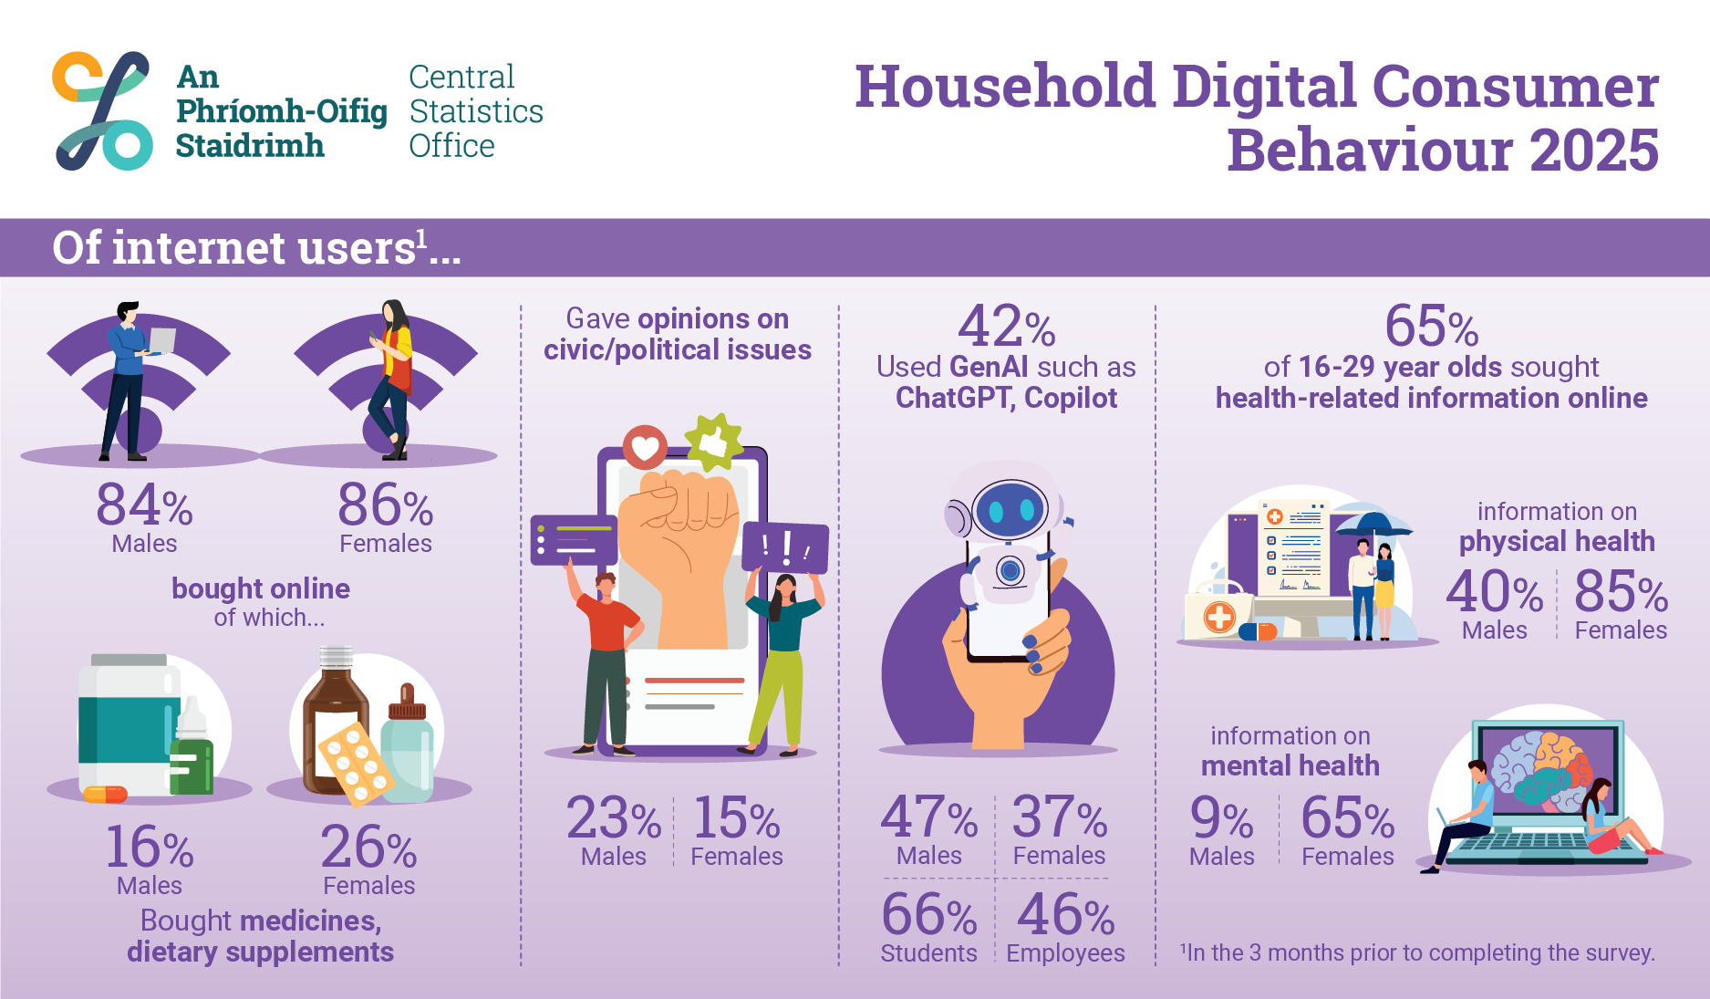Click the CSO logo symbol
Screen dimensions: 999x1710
102,110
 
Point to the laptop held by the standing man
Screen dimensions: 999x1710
162,340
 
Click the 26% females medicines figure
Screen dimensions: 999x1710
368,848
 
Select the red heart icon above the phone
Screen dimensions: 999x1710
645,447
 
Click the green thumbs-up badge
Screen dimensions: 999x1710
714,442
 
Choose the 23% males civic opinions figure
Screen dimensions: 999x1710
613,818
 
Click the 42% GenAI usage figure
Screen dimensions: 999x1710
1006,327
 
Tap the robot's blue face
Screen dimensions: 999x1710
1010,510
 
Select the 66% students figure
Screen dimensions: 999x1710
928,915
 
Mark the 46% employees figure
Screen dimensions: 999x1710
1065,915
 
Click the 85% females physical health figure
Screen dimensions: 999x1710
1621,592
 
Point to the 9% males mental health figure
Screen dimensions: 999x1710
1221,818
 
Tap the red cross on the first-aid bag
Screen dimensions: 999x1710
1219,617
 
